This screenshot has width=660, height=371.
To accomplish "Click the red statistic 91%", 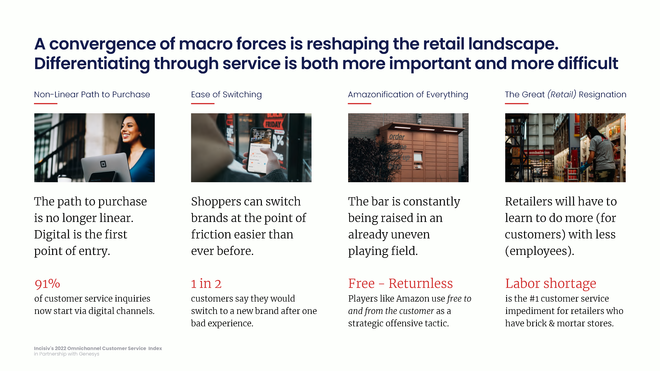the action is pyautogui.click(x=47, y=284).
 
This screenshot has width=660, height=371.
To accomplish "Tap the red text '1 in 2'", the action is pyautogui.click(x=206, y=284).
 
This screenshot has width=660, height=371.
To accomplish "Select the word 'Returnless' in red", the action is pyautogui.click(x=420, y=283).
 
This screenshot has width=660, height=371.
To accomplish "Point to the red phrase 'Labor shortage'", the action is pyautogui.click(x=551, y=284).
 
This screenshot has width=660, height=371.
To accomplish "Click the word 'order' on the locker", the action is pyautogui.click(x=397, y=137).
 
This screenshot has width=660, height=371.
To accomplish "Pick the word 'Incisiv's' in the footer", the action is pyautogui.click(x=44, y=348).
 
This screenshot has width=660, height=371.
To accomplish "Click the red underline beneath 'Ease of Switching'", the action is pyautogui.click(x=203, y=104).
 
